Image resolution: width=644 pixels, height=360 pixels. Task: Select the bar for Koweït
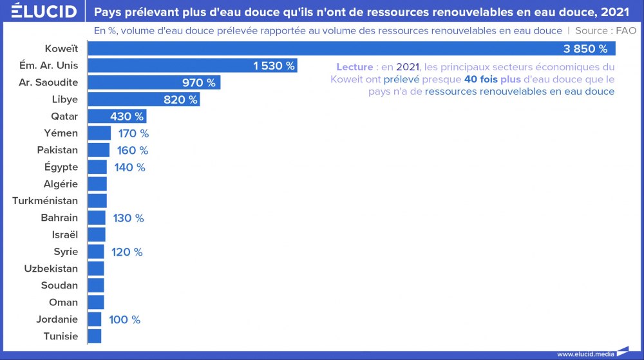pos(351,49)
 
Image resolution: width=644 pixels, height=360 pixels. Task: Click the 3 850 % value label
pos(585,49)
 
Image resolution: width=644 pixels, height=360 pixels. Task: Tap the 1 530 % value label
pos(274,66)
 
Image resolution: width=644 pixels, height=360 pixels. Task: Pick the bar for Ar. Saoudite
pos(154,82)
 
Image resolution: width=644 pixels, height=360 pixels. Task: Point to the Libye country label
pos(64,99)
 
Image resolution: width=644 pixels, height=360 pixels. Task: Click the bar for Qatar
pos(117,117)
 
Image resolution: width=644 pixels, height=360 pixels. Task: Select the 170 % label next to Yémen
pos(133,133)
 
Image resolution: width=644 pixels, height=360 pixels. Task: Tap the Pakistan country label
pos(57,150)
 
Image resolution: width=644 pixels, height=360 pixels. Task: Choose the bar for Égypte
pos(97,167)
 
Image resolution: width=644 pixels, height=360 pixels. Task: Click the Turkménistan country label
pos(45,201)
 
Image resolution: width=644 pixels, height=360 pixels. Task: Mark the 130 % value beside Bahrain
pos(128,218)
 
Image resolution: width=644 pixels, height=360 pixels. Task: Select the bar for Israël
pos(97,234)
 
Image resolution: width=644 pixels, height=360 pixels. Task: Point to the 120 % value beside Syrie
pos(127,252)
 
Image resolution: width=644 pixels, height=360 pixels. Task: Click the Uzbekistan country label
pos(51,269)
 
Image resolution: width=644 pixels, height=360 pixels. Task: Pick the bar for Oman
pos(96,302)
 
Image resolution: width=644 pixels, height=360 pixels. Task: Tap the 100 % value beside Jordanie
pos(124,319)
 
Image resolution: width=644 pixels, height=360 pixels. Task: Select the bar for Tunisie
pos(95,336)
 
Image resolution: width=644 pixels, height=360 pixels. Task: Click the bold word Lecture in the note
pos(354,67)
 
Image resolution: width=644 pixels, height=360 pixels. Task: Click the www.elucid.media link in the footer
pos(584,354)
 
